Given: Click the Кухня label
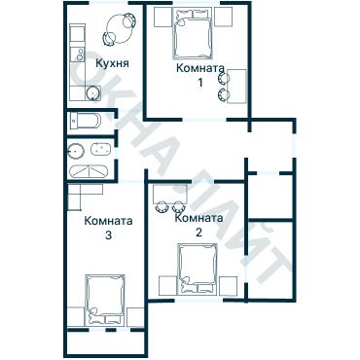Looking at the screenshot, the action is [x=112, y=63].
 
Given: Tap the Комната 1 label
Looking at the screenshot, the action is [x=200, y=75].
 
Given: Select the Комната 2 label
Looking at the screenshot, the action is [x=198, y=225].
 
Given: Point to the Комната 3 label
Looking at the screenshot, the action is [x=108, y=228].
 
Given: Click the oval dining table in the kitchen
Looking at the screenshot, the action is [x=120, y=29].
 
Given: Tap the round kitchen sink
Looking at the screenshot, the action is [x=93, y=93].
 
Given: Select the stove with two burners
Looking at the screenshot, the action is [x=78, y=54].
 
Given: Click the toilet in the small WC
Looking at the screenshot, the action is [x=86, y=122].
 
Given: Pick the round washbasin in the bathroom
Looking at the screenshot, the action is [x=77, y=150].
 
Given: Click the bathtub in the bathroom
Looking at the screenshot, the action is [x=90, y=171].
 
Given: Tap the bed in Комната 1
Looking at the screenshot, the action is [x=194, y=34].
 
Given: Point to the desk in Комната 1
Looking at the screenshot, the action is [x=237, y=86].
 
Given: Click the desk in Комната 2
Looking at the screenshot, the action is [x=171, y=194].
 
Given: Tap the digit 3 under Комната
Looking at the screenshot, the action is [x=108, y=235].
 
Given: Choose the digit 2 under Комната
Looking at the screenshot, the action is [x=198, y=233].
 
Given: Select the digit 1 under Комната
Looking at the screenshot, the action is [x=200, y=83].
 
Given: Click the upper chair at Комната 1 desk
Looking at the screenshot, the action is [x=224, y=78].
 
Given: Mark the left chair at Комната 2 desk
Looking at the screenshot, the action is [x=162, y=206].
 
